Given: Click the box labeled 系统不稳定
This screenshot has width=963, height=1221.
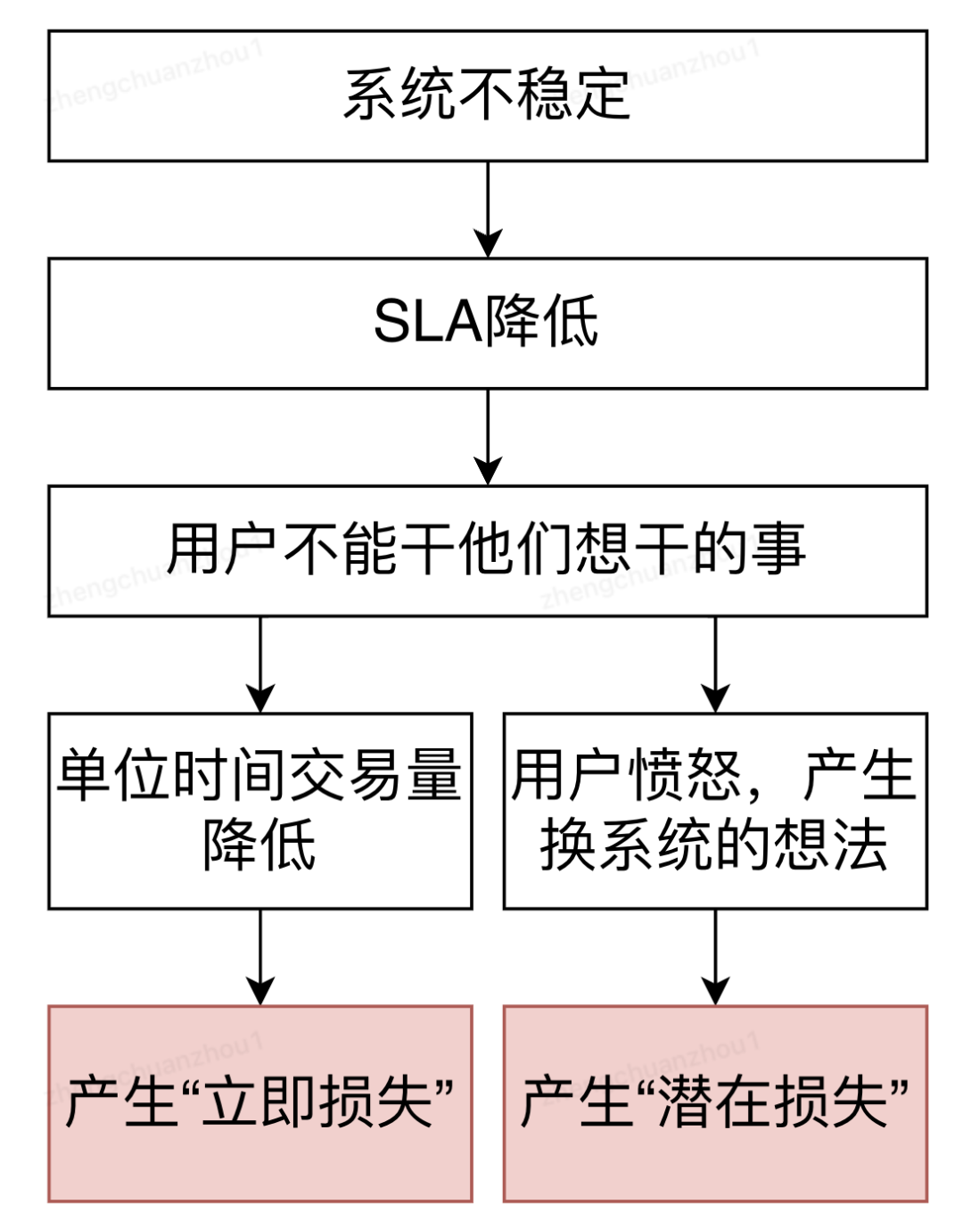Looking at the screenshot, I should [487, 96].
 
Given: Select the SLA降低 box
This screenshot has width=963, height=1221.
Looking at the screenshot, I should [487, 323].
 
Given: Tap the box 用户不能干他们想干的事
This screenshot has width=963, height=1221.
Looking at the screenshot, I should [487, 551].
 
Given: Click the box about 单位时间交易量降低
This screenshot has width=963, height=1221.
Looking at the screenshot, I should [259, 811].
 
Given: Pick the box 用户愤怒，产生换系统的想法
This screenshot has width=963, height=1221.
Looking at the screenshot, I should [715, 811].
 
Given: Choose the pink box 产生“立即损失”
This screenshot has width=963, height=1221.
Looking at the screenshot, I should [259, 1103].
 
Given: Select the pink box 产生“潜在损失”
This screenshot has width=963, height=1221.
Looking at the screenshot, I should [715, 1103].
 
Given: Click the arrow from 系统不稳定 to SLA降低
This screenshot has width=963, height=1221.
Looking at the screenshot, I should [488, 210].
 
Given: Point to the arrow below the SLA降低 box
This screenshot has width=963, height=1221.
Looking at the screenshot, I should [488, 437].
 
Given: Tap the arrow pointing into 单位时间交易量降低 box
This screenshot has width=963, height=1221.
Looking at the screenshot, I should [260, 664].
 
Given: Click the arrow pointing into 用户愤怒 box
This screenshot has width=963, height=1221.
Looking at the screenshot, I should [715, 664].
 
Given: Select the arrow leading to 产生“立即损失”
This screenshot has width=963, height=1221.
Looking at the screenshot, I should [260, 957].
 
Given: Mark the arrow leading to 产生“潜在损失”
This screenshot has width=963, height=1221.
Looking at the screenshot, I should [715, 957].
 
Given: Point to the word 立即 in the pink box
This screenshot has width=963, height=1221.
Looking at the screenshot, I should [259, 1102].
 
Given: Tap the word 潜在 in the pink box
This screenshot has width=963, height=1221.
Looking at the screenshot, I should [715, 1102].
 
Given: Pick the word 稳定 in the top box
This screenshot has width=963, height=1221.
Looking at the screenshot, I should [573, 95].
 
